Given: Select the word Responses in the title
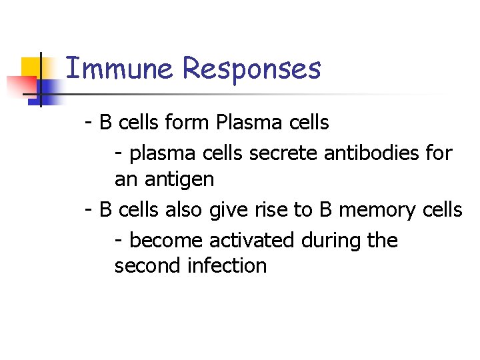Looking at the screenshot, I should tap(251, 69).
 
